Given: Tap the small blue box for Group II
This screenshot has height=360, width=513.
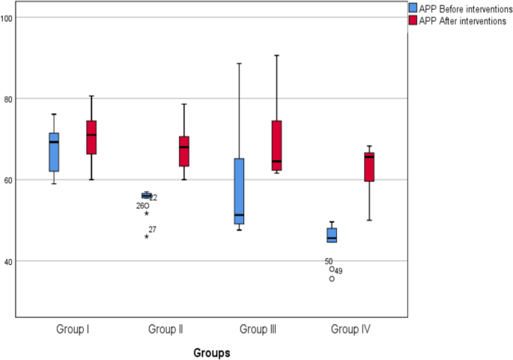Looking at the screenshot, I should coord(146,195).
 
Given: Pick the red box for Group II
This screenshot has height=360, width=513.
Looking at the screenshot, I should coord(183,151).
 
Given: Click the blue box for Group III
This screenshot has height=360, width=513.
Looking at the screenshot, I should coord(239,191).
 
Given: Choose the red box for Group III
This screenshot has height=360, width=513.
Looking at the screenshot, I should coord(276,145).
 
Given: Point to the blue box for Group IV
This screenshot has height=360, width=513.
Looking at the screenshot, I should coord(332,235).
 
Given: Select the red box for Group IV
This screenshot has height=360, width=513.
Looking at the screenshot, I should coord(369,166).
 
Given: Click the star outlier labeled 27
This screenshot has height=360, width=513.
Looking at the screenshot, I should coord(147,236).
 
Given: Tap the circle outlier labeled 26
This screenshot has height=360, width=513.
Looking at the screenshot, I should coord(146,205).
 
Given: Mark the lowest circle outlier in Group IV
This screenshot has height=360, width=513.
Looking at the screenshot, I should coord(332,278).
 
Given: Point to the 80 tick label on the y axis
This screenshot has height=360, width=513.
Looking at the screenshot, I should coord(9,99).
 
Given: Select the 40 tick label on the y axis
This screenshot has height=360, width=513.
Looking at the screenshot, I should coord(9,261).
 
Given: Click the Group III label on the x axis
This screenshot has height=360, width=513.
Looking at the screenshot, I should coord(258,329).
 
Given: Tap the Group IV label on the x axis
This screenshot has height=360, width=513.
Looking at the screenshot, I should coord(350,329).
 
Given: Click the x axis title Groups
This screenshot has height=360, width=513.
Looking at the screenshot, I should coord(211,352).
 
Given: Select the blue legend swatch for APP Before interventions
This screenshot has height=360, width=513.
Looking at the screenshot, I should coord(412,7).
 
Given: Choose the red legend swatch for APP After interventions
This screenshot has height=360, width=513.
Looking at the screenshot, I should coord(412,20).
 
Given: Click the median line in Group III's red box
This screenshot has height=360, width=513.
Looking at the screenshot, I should coord(276,161).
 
